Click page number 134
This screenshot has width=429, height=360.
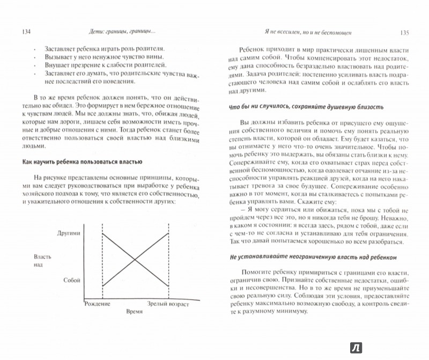[23, 32]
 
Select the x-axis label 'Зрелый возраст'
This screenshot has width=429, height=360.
[169, 304]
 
